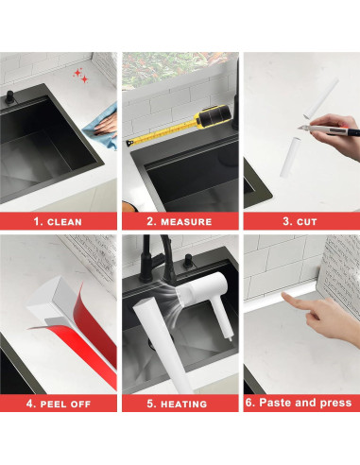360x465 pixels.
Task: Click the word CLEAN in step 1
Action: [x=64, y=222]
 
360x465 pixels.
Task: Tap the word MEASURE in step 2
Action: [x=186, y=222]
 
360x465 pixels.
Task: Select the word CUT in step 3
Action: [x=307, y=222]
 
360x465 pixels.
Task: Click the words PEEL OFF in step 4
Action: [x=65, y=404]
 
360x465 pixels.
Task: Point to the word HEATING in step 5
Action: [x=184, y=404]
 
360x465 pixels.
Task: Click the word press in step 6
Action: [x=335, y=403]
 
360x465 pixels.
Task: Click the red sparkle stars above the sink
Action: [x=80, y=76]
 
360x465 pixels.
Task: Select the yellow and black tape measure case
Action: [x=212, y=116]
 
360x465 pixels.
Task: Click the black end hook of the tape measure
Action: [x=129, y=143]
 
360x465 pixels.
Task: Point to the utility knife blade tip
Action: [x=299, y=128]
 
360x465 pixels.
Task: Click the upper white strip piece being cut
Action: [x=321, y=98]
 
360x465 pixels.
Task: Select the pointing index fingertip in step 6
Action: [x=284, y=295]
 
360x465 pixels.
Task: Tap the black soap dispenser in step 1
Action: [x=9, y=97]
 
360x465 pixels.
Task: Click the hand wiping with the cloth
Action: [x=107, y=126]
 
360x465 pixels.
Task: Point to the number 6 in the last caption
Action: [x=249, y=403]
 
